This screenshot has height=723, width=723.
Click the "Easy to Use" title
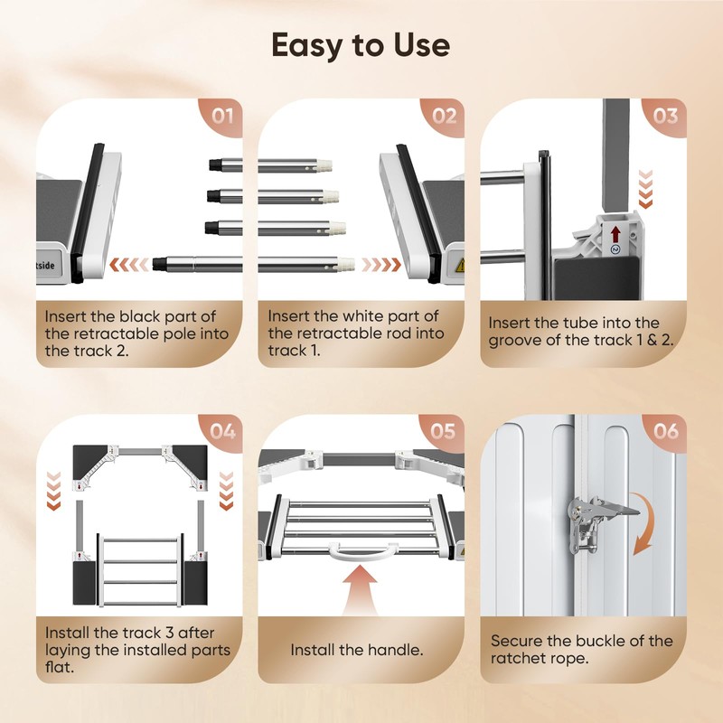coord(361,46)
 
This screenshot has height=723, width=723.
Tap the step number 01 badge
coord(221,117)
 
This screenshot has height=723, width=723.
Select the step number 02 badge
coord(444,117)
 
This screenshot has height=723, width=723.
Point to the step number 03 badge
coord(665,117)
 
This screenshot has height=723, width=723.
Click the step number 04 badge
coord(222,432)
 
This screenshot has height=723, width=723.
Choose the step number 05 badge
coord(444,432)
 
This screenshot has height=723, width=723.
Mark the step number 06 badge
coord(666,432)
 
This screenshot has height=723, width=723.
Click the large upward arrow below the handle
coord(361,589)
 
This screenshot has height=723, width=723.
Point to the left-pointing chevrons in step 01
coord(129,265)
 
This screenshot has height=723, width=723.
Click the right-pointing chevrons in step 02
coord(381,265)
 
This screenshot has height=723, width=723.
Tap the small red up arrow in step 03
coord(615,234)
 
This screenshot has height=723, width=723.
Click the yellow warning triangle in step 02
coord(460,265)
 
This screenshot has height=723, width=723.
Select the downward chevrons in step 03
coord(645,189)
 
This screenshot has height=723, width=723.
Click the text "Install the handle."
coord(357,650)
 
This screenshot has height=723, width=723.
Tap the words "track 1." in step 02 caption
coord(295,351)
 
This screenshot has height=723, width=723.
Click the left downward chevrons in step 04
coord(54,491)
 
